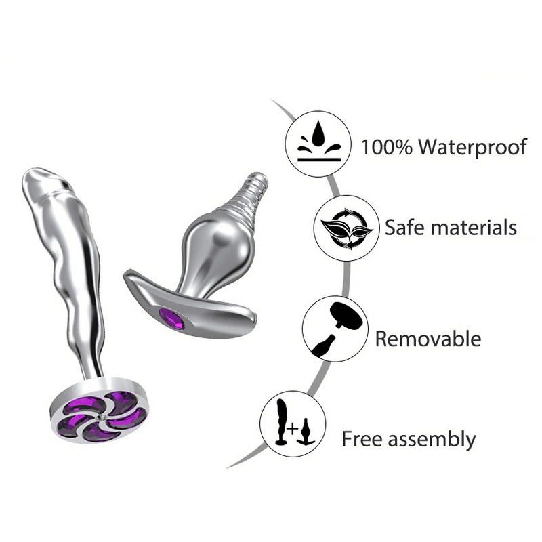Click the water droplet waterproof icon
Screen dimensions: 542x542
pyautogui.click(x=318, y=144)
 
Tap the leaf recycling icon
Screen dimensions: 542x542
pyautogui.click(x=346, y=228)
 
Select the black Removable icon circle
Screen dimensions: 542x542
pyautogui.click(x=335, y=328)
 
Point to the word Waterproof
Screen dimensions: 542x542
pyautogui.click(x=475, y=146)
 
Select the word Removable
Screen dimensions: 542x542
pyautogui.click(x=428, y=337)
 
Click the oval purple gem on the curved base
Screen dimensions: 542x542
pyautogui.click(x=171, y=318)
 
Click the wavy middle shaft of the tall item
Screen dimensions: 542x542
pyautogui.click(x=81, y=285)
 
